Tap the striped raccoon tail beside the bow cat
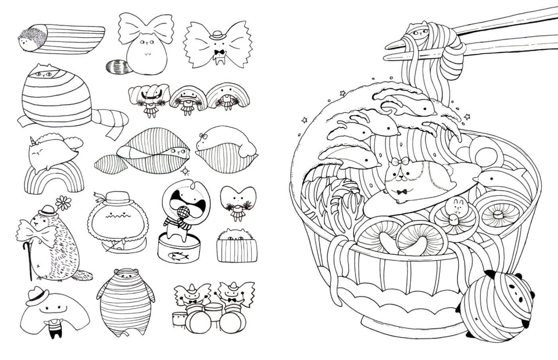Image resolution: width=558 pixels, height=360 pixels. (117, 66)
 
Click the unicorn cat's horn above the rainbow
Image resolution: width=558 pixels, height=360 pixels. (31, 140)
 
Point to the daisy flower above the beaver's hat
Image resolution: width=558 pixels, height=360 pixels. (63, 203)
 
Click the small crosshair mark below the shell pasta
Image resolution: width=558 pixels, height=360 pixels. (185, 171)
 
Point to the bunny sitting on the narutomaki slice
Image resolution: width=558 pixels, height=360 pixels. (453, 209)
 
